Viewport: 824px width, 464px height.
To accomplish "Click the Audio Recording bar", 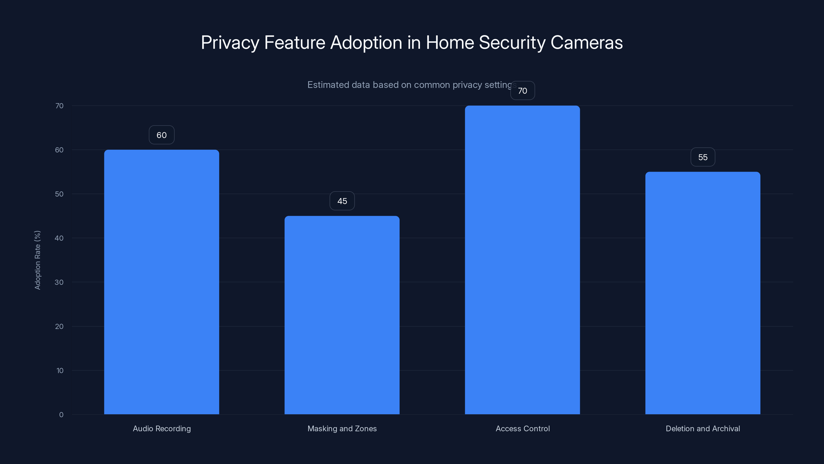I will coord(161,282).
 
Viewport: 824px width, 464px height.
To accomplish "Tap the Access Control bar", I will coord(522,260).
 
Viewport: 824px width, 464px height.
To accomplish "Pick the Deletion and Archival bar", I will coord(703,293).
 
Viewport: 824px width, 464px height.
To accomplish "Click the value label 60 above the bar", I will coord(161,135).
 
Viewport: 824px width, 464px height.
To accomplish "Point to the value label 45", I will coord(342,201).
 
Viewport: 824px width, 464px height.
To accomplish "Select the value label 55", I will coord(703,157).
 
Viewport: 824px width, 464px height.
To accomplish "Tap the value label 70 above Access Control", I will coord(522,91).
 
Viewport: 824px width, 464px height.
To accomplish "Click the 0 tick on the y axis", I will coord(61,415).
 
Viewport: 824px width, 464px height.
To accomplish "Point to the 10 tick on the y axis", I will coord(60,370).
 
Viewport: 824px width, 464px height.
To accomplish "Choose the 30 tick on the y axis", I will coord(59,282).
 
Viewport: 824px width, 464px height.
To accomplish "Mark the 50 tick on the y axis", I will coord(59,194).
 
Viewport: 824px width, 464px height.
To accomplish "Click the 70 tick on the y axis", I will coord(59,106).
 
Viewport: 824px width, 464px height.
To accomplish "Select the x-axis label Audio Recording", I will coord(161,428).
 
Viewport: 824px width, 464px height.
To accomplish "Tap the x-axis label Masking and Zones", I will coord(342,428).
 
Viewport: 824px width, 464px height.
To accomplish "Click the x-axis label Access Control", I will coord(522,428).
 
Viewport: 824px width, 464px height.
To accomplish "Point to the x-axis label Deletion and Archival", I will coord(703,428).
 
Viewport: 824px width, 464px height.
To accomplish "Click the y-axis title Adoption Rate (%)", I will coord(37,260).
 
